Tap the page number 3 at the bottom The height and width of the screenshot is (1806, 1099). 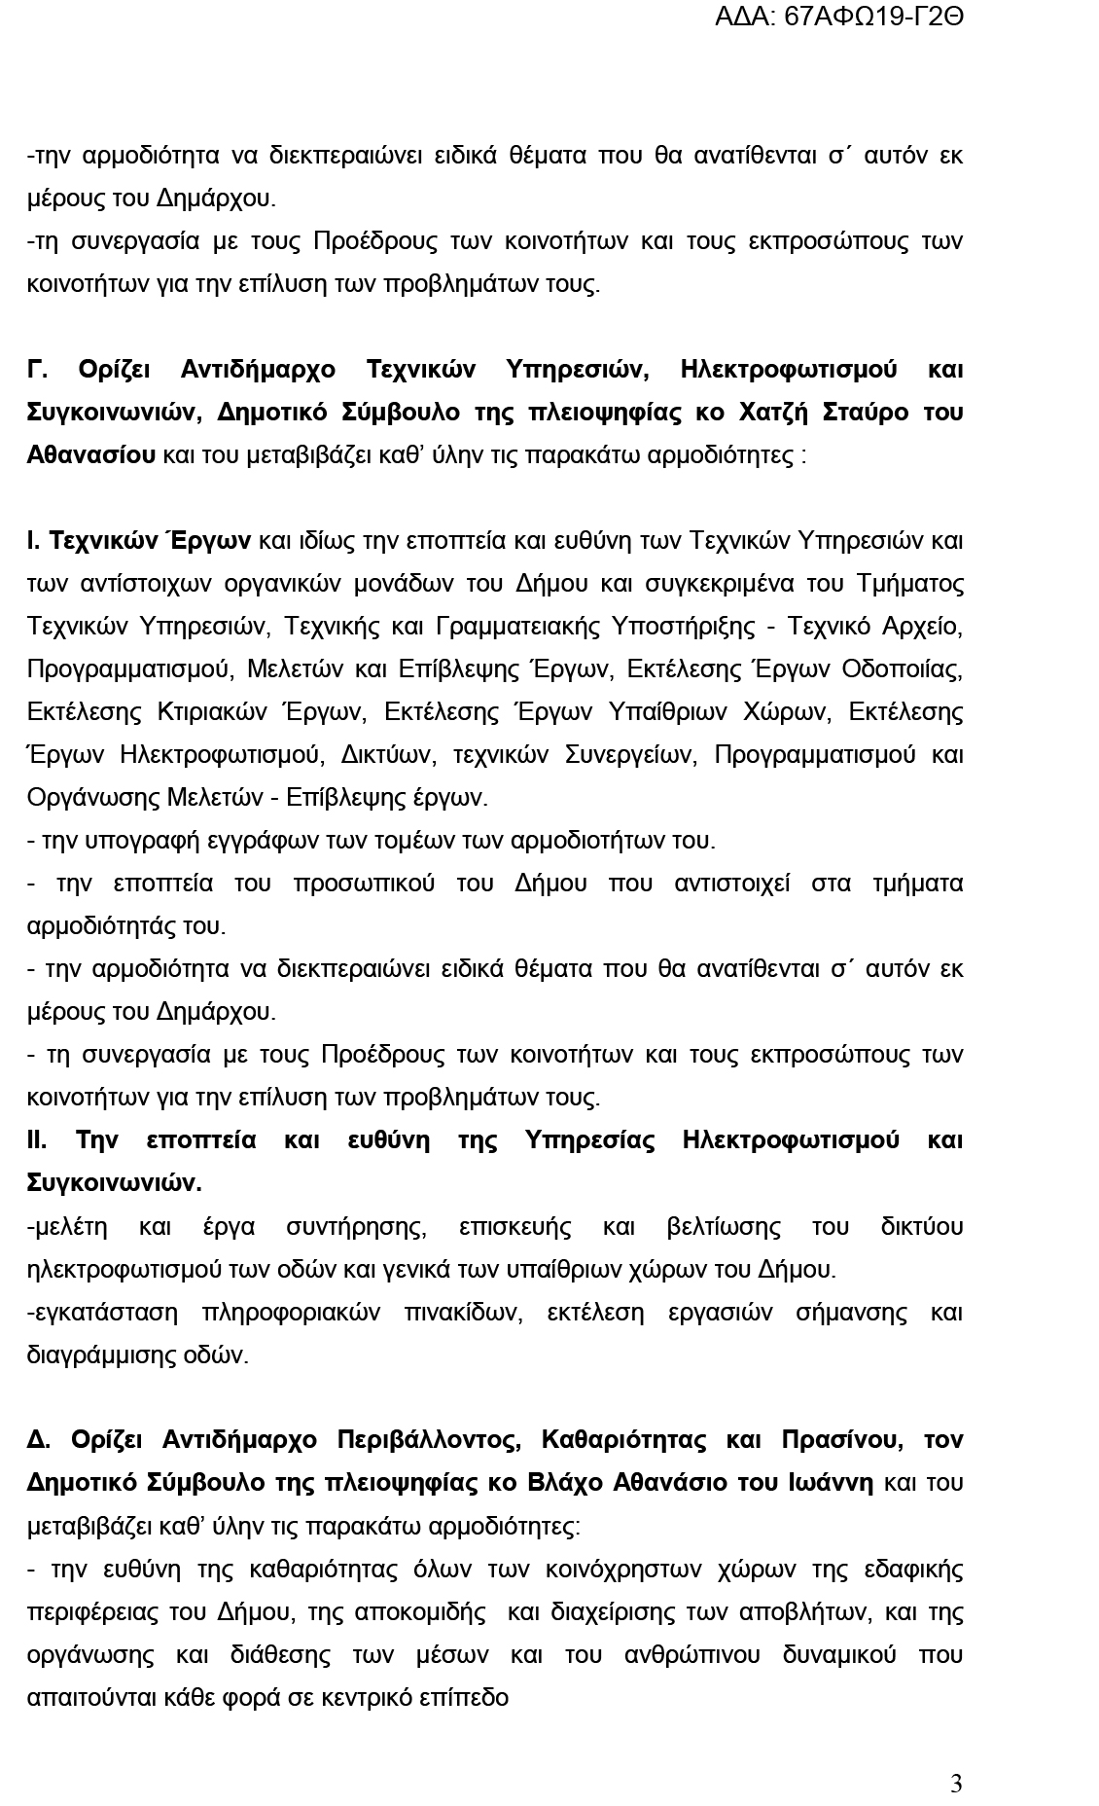coord(956,1784)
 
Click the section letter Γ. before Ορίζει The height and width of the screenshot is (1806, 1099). coord(38,369)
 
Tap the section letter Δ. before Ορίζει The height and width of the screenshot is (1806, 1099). coord(38,1439)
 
